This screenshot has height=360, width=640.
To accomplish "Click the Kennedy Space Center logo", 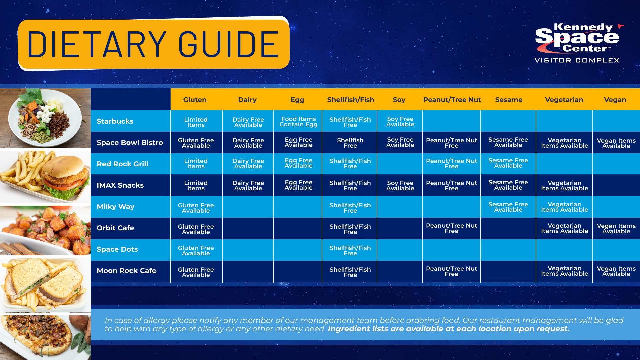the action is (577, 43).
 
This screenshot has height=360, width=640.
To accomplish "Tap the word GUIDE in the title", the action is (229, 45).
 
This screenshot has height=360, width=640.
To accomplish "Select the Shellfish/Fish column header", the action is (351, 100).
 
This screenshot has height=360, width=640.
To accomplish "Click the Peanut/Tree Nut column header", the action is (452, 100).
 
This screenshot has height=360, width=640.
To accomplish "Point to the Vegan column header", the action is (615, 100).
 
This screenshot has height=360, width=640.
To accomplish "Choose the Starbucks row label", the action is (115, 121).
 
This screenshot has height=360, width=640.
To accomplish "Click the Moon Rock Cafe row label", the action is (126, 270).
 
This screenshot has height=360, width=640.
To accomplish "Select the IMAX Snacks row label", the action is (120, 185).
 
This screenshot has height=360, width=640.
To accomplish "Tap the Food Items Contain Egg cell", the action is (298, 122).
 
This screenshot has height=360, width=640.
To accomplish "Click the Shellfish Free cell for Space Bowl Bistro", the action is (350, 143).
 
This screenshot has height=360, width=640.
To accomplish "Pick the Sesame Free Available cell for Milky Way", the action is (508, 207).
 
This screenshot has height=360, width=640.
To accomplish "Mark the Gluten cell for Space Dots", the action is (196, 251).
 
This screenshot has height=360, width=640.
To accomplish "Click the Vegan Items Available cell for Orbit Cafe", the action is (616, 229).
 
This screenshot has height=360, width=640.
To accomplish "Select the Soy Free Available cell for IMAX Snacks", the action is (400, 186).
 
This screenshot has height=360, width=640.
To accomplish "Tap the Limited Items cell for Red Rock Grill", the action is (196, 164).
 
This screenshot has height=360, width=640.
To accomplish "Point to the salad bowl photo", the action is (45, 118).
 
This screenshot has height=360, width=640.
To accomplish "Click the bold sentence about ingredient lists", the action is (449, 329).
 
